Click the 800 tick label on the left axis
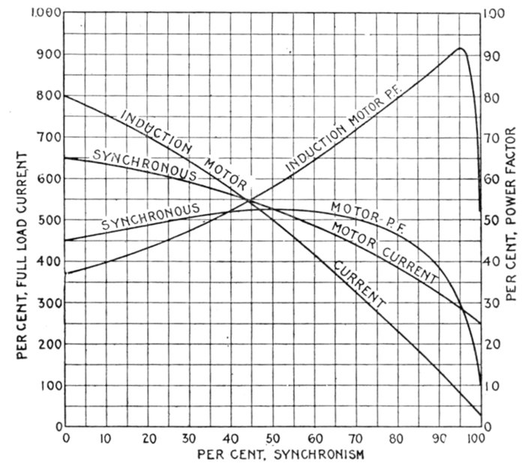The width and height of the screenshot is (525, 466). (49, 97)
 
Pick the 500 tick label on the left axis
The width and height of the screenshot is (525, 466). (49, 221)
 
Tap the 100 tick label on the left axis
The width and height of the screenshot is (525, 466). (49, 386)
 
